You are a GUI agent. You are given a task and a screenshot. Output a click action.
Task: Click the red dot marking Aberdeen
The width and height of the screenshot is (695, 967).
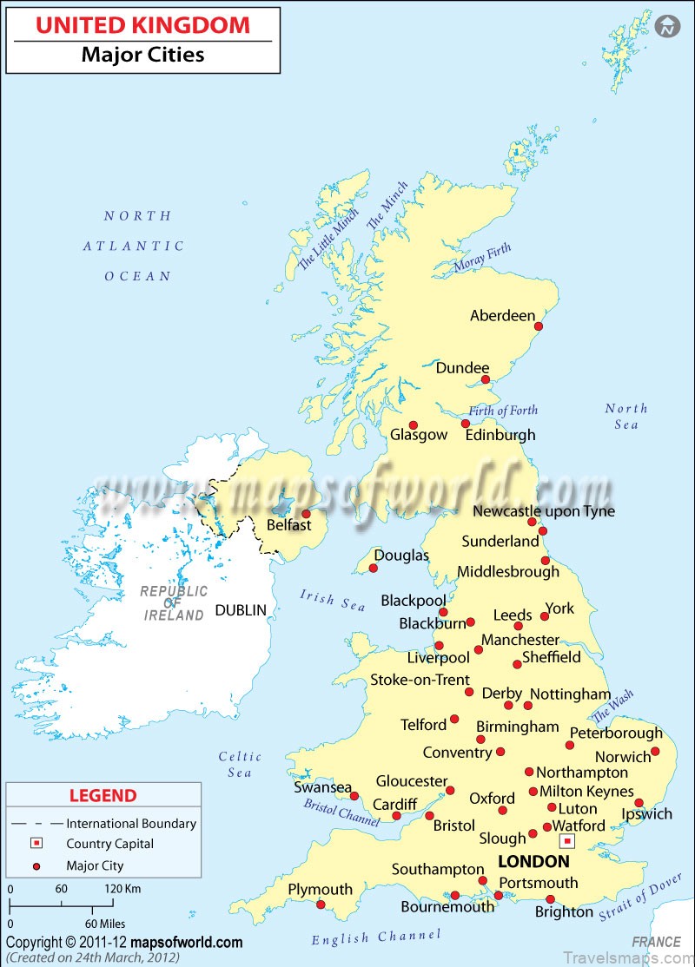(539, 326)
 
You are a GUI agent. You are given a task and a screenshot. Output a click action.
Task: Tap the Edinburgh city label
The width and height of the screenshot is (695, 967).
(500, 435)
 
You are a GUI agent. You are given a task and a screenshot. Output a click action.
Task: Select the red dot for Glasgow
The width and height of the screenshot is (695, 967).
(414, 425)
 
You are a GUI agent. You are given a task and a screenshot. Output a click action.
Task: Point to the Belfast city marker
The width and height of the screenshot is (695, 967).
(306, 514)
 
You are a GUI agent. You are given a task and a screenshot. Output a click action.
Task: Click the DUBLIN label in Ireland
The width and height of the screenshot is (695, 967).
(241, 610)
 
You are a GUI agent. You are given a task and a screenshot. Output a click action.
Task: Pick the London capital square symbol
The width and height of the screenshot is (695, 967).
(567, 841)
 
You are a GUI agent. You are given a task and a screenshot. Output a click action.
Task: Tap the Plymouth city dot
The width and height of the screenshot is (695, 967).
(321, 905)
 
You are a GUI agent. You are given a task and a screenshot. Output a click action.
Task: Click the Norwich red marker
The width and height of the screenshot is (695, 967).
(655, 752)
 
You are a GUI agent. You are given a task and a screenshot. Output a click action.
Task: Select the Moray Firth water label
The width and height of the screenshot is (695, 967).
(482, 259)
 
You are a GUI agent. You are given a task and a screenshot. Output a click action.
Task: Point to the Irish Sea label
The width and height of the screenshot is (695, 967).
(333, 600)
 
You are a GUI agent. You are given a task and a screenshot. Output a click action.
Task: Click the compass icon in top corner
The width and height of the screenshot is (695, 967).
(667, 26)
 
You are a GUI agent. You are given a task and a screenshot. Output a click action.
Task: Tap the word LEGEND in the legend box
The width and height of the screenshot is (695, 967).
(103, 795)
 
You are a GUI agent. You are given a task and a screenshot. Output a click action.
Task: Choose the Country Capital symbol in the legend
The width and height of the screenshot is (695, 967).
(36, 844)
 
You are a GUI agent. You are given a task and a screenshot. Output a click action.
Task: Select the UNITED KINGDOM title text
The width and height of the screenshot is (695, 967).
(142, 25)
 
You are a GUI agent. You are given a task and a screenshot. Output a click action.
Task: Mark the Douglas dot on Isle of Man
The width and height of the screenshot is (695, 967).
(374, 569)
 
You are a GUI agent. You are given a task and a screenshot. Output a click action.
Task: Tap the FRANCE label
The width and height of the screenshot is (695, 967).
(656, 941)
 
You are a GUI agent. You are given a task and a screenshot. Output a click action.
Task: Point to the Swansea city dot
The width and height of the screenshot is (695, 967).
(354, 795)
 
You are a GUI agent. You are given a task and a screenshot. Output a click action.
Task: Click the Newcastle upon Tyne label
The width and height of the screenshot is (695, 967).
(543, 511)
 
